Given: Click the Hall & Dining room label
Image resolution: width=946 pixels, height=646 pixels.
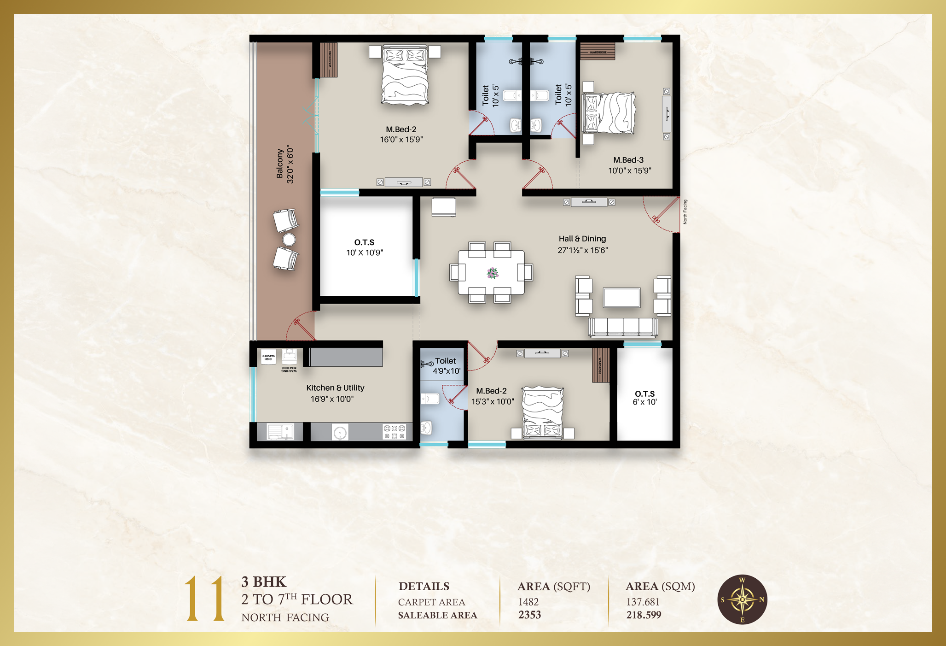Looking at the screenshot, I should [582, 244].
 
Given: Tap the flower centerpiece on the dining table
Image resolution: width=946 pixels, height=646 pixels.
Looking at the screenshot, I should [492, 273].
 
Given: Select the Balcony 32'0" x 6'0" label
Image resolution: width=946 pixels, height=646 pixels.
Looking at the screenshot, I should [284, 164].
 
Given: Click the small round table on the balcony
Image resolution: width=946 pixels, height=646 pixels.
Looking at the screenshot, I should [289, 240].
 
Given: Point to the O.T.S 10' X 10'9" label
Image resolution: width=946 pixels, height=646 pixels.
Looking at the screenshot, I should [364, 247].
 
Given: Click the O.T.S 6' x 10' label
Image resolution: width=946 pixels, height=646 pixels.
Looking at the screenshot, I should [644, 398].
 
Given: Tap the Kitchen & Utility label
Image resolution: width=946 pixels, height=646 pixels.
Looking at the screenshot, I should [335, 393].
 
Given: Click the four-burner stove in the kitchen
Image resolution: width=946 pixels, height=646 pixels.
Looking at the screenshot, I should [395, 432].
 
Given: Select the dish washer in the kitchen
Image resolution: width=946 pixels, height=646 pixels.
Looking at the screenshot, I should [268, 357].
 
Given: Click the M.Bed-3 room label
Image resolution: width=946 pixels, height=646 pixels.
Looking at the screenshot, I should [629, 165].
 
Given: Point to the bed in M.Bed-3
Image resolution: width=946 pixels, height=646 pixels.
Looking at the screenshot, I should [609, 113].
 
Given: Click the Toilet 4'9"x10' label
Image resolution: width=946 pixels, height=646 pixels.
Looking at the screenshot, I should [446, 366].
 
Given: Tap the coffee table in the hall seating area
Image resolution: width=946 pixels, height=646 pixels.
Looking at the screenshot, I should [621, 297].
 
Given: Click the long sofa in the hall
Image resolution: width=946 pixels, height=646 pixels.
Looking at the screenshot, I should [623, 327].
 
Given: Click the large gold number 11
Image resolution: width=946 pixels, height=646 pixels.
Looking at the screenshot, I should [205, 599].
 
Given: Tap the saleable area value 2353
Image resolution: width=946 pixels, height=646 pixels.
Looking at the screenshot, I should [529, 615].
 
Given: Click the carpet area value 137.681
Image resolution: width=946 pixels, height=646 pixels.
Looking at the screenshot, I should [643, 602].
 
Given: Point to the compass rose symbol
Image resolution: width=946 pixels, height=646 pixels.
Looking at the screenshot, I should [742, 599].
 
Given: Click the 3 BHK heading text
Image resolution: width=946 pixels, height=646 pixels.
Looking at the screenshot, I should [264, 582].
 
